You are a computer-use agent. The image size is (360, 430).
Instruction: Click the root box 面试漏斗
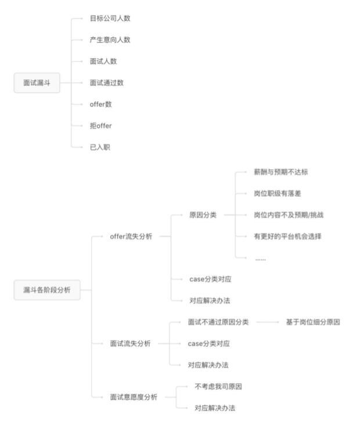pyautogui.click(x=37, y=83)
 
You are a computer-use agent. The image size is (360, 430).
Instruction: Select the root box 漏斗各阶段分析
pyautogui.click(x=47, y=290)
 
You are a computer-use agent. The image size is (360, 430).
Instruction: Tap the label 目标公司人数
pyautogui.click(x=110, y=19)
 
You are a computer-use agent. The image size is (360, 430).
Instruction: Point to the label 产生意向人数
pyautogui.click(x=110, y=40)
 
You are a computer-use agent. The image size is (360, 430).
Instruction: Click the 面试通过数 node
pyautogui.click(x=107, y=83)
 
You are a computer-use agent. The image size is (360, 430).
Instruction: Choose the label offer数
pyautogui.click(x=101, y=104)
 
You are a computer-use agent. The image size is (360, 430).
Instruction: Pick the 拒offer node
pyautogui.click(x=101, y=126)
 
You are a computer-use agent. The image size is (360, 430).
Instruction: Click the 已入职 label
pyautogui.click(x=100, y=147)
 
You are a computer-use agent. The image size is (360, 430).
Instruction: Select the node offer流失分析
pyautogui.click(x=131, y=236)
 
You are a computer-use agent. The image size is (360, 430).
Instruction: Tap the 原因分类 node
pyautogui.click(x=203, y=215)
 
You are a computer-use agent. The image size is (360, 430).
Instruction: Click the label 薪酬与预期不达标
pyautogui.click(x=281, y=172)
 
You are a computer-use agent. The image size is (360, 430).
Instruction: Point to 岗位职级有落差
pyautogui.click(x=278, y=193)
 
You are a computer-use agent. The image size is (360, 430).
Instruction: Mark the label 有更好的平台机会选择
pyautogui.click(x=287, y=236)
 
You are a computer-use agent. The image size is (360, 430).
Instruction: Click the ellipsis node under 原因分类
pyautogui.click(x=260, y=259)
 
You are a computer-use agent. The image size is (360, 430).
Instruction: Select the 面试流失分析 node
pyautogui.click(x=131, y=343)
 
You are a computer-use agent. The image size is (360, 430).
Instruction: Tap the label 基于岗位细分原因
pyautogui.click(x=313, y=322)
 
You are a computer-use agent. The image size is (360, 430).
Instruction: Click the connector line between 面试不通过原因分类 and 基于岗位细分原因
pyautogui.click(x=268, y=322)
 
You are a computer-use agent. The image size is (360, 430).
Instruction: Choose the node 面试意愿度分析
pyautogui.click(x=134, y=397)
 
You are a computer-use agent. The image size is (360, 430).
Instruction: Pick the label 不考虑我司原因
pyautogui.click(x=218, y=386)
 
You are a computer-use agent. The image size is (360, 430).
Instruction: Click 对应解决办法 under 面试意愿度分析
pyautogui.click(x=215, y=408)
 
